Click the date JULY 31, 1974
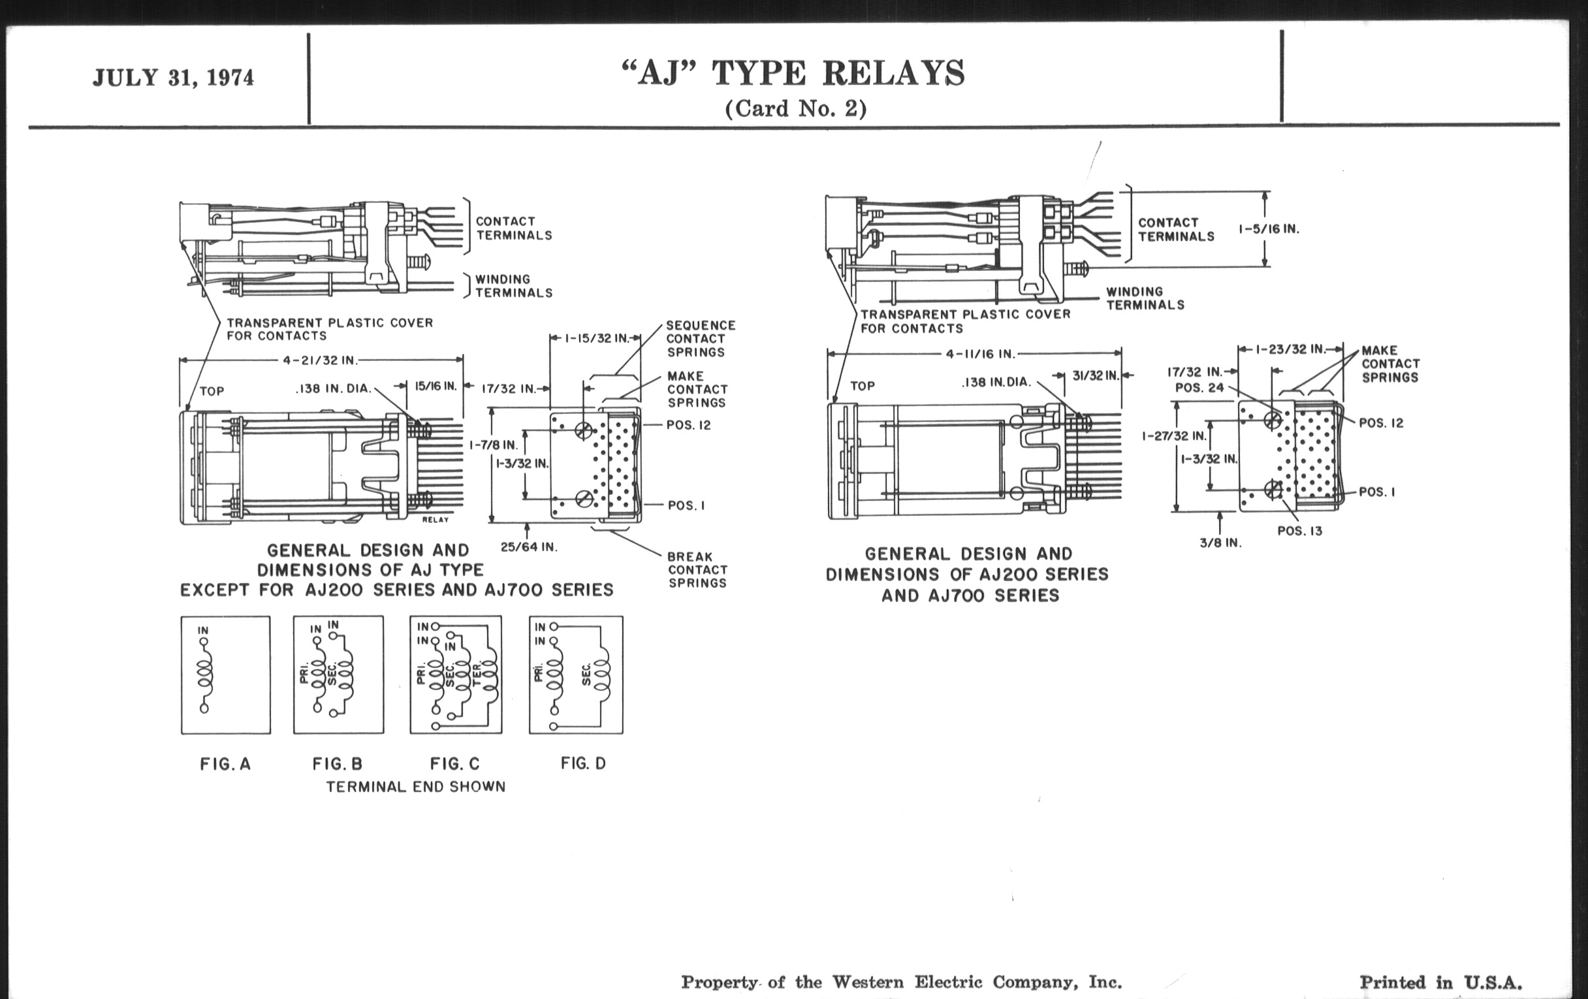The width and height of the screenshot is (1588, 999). coord(173,78)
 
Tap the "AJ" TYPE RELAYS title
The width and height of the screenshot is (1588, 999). coord(793,73)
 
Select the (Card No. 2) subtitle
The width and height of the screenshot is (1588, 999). coord(795,108)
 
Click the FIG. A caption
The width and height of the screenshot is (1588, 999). coord(225,764)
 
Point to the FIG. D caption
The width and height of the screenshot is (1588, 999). coord(583,763)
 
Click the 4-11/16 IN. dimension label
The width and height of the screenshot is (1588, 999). coord(981,354)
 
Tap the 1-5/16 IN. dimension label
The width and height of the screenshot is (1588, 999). coord(1268,229)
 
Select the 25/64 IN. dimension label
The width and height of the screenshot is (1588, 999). coord(529,547)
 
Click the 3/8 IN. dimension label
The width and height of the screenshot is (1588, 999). coord(1220,543)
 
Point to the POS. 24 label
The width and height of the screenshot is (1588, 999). coord(1199,388)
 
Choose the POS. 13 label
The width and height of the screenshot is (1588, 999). coord(1300,531)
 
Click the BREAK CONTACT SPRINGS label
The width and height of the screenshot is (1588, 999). coord(697,570)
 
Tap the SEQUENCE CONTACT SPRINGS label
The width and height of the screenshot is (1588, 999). coord(700,338)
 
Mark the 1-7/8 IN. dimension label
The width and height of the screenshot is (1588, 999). coord(493,445)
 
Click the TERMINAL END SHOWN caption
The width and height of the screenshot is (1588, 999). coord(415,787)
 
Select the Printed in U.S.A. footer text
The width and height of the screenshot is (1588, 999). coord(1440,982)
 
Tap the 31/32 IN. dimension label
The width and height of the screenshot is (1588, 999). coord(1096,376)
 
